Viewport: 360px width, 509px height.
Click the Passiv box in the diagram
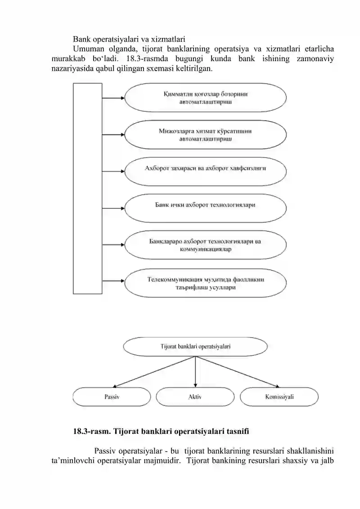point(112,396)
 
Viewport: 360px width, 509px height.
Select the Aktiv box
point(195,396)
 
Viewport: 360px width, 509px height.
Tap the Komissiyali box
point(279,396)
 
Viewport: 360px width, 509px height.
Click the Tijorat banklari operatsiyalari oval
point(195,347)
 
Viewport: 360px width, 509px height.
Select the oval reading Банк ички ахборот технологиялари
point(206,208)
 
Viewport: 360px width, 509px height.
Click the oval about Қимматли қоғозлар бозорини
point(206,97)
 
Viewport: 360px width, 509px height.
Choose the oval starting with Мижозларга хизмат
point(206,135)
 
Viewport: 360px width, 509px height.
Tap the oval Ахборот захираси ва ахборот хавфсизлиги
point(206,171)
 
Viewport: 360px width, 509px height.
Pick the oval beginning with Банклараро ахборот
point(206,245)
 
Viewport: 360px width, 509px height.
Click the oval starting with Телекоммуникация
point(206,283)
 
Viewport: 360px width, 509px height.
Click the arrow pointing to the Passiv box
point(154,372)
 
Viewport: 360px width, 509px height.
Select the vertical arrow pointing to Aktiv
point(195,372)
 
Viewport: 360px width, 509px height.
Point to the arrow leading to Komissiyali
point(237,372)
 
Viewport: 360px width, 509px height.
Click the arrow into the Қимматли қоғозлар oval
point(113,98)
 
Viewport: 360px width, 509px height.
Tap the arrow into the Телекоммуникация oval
point(113,280)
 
